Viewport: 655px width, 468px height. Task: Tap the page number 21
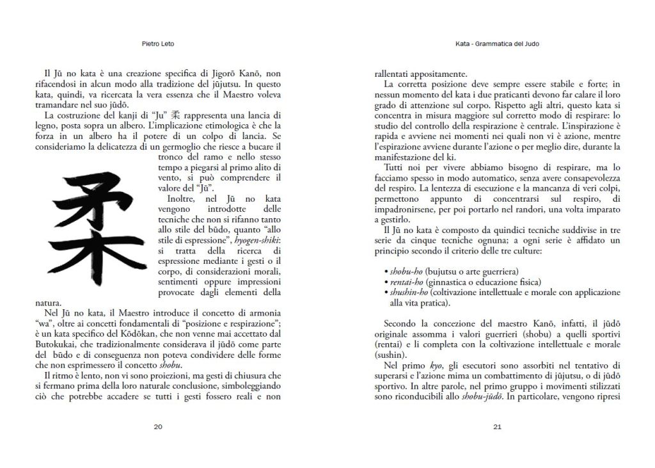pos(496,428)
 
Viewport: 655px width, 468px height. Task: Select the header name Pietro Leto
pos(157,45)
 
